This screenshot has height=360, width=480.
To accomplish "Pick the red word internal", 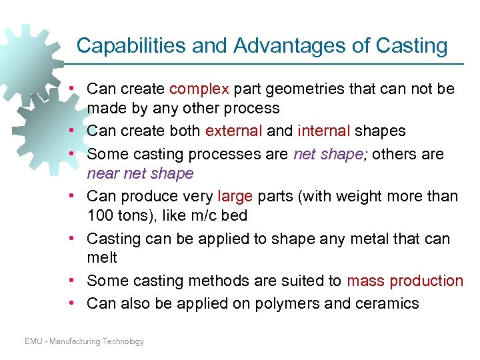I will (324, 131).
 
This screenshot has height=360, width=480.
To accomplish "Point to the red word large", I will (236, 196).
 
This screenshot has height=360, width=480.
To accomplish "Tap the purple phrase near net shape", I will (140, 174).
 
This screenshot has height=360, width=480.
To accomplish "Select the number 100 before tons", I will (100, 216).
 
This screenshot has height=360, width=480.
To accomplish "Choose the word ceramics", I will (387, 304).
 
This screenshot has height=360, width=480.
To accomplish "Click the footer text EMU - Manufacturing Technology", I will (84, 341).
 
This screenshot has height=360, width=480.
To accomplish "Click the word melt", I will (102, 257).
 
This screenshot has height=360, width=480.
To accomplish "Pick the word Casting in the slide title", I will (411, 45).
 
